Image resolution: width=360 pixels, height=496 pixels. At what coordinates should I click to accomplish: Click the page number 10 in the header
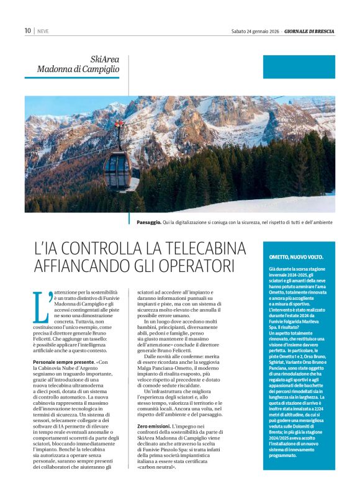28,30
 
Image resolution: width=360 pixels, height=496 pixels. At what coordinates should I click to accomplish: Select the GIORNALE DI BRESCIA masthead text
310,30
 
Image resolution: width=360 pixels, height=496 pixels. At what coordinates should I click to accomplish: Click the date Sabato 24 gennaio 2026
254,30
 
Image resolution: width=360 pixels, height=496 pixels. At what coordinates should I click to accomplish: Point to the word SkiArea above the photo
104,60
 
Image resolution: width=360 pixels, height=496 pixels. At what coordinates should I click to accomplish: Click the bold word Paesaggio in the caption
150,222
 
